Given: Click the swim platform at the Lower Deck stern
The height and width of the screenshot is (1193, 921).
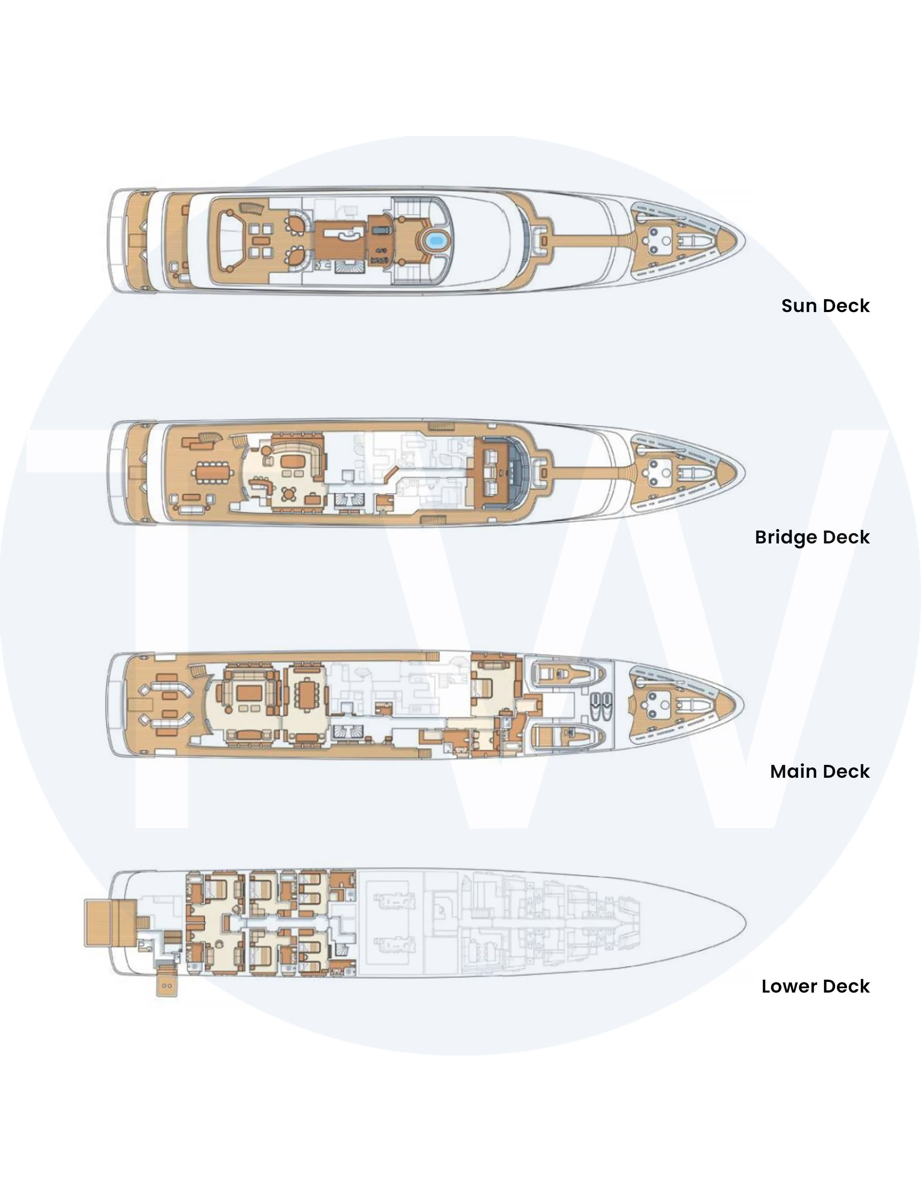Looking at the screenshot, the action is pos(110,923).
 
